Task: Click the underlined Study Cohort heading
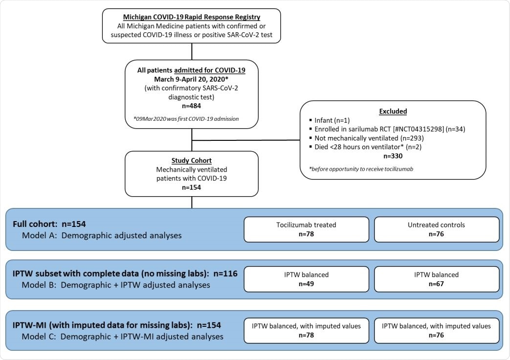tap(191, 160)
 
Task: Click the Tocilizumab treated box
tap(306, 229)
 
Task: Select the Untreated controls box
tap(437, 229)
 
